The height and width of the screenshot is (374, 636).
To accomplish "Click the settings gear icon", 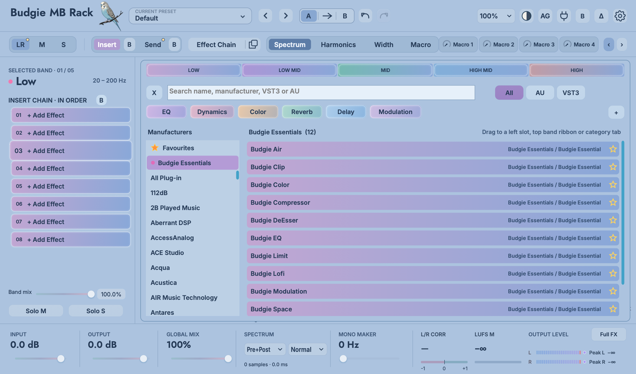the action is (x=620, y=16).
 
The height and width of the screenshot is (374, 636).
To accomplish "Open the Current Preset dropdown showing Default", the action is (x=190, y=16).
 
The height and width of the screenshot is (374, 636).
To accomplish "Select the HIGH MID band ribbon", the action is (x=481, y=70).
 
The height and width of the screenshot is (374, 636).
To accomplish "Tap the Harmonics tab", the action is (x=338, y=45).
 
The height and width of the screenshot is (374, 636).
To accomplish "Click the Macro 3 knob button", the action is (x=539, y=45).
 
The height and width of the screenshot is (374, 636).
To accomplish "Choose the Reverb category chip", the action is (x=302, y=112).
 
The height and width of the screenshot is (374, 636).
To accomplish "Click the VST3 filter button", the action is (x=571, y=93).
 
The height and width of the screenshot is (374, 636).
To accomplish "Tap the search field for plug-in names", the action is (x=321, y=93).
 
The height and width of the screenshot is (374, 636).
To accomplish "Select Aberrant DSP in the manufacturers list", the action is (x=171, y=223).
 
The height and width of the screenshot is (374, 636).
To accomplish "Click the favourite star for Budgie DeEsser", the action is (x=613, y=220).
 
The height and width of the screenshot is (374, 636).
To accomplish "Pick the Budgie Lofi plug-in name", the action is (x=267, y=274).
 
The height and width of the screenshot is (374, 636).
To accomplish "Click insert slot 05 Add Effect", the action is (x=71, y=186).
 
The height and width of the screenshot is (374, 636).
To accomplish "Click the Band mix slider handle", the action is (x=91, y=294).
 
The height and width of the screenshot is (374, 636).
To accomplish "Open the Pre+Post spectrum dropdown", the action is (x=265, y=350).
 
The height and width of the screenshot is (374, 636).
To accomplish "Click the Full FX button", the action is (x=609, y=334).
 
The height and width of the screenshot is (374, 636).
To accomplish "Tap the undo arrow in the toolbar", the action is (x=365, y=16).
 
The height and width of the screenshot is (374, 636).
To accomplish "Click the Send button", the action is (x=153, y=45).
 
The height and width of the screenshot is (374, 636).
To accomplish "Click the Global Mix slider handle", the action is (x=228, y=359).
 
